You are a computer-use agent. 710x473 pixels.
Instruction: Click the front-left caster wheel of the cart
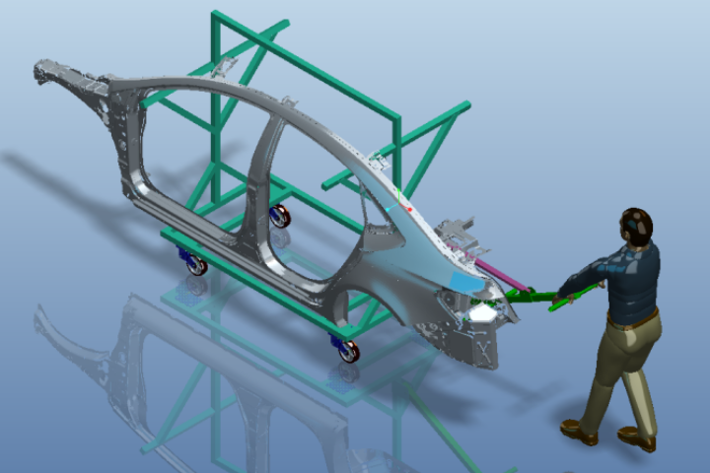(x=194, y=262)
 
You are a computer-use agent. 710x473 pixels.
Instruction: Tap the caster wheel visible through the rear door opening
(x=280, y=215)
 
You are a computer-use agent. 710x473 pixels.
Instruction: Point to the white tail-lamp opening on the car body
(x=483, y=312)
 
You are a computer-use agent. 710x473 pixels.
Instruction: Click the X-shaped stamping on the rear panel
(x=484, y=348)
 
